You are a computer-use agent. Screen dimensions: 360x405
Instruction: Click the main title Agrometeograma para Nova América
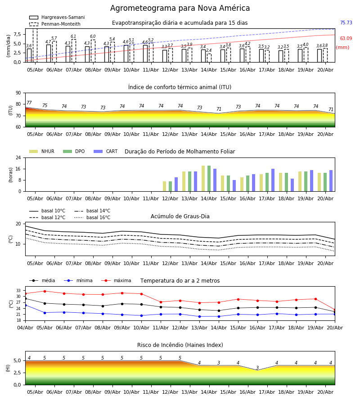(x=180, y=8)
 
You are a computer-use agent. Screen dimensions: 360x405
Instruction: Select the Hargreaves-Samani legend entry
(x=57, y=17)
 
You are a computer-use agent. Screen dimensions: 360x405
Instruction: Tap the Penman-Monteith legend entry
(x=55, y=24)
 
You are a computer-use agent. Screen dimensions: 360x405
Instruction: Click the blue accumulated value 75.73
(x=346, y=23)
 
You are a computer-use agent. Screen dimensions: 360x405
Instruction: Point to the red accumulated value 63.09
(x=346, y=39)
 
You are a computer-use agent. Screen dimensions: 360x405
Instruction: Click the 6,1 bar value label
(x=73, y=36)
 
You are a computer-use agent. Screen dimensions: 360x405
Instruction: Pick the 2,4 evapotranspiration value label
(x=209, y=50)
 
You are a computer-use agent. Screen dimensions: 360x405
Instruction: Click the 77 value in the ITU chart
(x=29, y=103)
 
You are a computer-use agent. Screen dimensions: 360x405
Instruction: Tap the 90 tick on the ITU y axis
(x=18, y=93)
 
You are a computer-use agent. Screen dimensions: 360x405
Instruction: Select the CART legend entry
(x=105, y=151)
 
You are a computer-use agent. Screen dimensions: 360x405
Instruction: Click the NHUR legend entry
(x=41, y=151)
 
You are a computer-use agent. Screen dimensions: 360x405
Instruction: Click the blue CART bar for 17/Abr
(x=273, y=180)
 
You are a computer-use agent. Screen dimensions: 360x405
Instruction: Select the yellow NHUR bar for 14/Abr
(x=203, y=179)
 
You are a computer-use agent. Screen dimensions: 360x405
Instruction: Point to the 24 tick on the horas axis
(x=18, y=157)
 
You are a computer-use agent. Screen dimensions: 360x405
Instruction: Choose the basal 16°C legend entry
(x=92, y=217)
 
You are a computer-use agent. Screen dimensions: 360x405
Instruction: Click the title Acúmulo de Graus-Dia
(x=180, y=216)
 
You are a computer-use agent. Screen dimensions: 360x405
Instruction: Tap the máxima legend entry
(x=116, y=280)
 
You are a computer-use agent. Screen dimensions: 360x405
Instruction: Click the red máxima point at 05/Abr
(x=45, y=291)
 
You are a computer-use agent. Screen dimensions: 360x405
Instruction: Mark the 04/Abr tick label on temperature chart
(x=25, y=328)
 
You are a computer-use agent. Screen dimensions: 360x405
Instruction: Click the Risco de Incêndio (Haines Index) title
(x=180, y=345)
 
